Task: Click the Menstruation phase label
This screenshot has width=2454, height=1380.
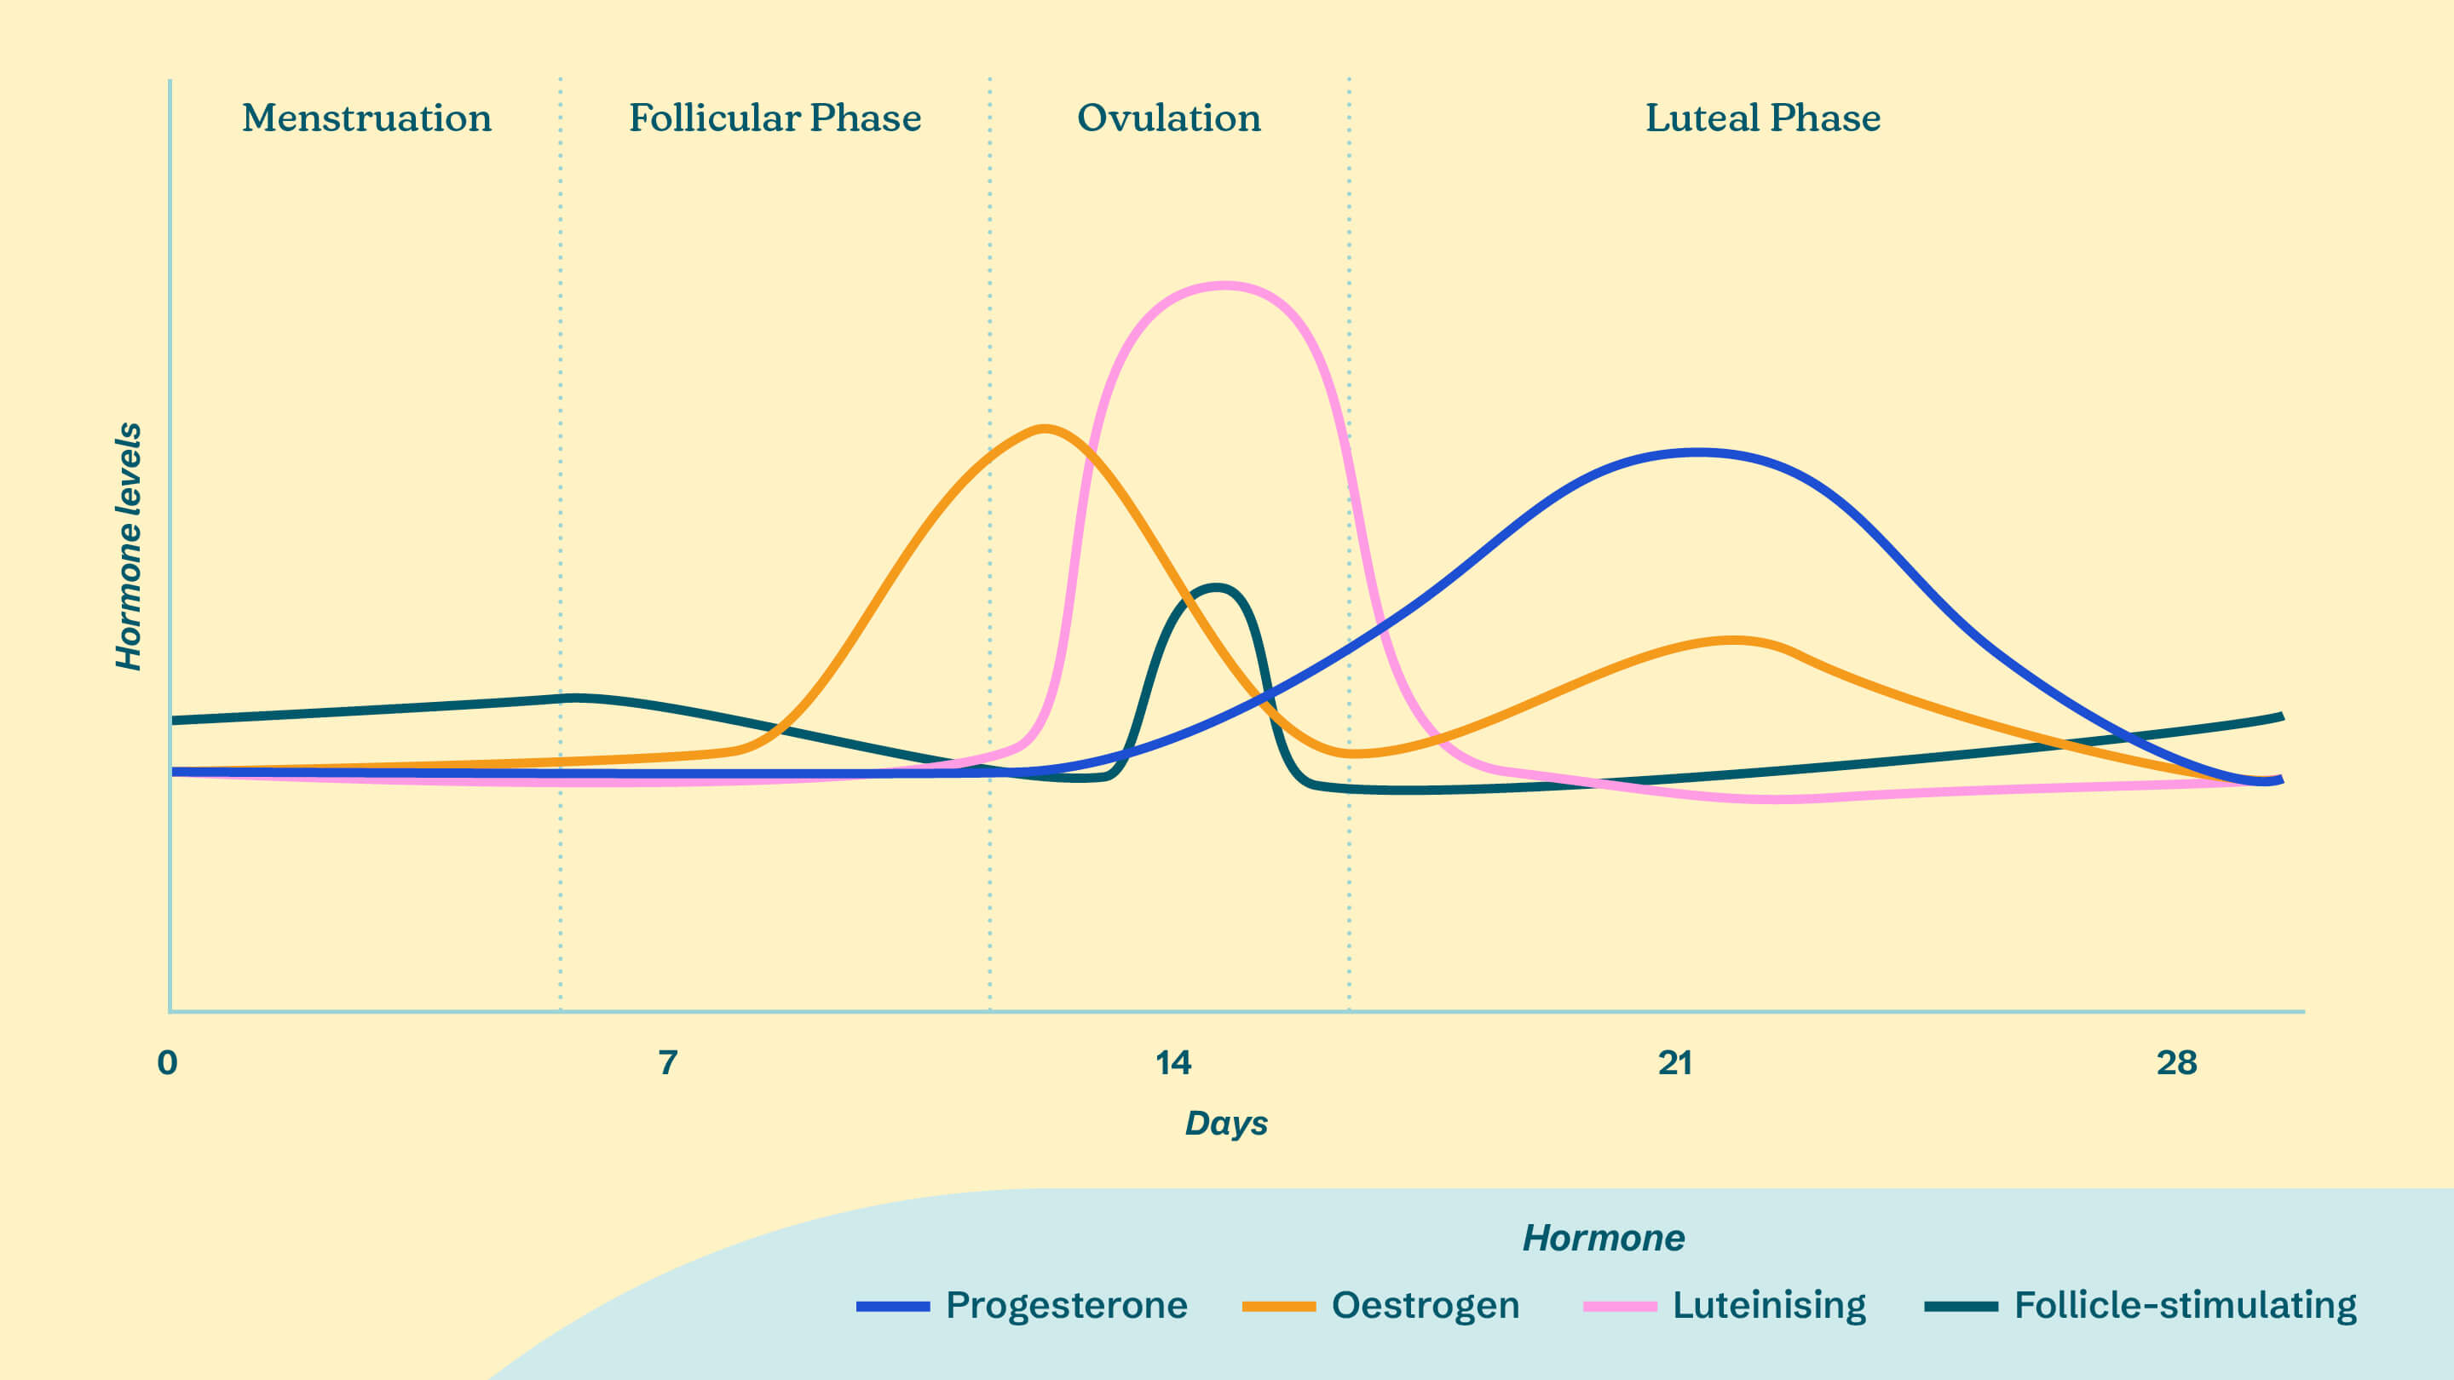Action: (x=366, y=118)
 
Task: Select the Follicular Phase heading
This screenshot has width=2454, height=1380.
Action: (x=775, y=118)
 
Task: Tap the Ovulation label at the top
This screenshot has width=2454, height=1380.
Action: (x=1169, y=118)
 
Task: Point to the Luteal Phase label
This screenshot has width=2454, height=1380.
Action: (x=1762, y=118)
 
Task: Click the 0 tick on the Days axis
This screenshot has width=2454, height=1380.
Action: (x=168, y=1062)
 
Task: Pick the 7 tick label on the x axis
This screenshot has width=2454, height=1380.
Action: (x=668, y=1062)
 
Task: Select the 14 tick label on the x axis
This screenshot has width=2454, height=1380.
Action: (x=1172, y=1062)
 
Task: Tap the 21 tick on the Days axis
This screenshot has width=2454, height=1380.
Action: (x=1674, y=1062)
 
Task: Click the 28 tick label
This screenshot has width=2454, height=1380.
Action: (x=2177, y=1062)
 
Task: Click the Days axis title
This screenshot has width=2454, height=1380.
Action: (x=1226, y=1124)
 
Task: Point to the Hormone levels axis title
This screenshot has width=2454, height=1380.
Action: (x=129, y=546)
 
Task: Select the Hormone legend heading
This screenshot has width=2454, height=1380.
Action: (x=1604, y=1238)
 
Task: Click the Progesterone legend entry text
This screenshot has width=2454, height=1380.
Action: (x=1066, y=1305)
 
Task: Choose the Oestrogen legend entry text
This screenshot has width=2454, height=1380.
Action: (x=1426, y=1305)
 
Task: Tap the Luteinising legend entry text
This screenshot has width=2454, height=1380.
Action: (x=1769, y=1305)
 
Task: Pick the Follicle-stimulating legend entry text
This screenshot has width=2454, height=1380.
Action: (x=2186, y=1305)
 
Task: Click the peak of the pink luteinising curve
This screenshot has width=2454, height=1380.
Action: (x=1224, y=285)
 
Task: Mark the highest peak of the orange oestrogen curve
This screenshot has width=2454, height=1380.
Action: (x=1045, y=428)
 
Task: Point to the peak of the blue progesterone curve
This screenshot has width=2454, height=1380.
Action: (x=1697, y=452)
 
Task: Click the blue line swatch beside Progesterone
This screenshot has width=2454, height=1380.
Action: (x=893, y=1307)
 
